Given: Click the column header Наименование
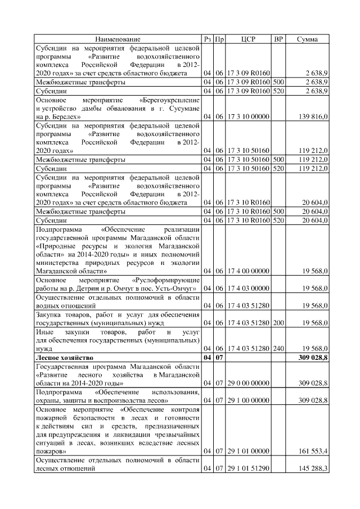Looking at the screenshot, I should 118,39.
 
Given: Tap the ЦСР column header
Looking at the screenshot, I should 248,39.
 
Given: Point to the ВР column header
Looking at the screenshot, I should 277,39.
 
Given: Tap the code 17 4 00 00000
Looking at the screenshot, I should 248,271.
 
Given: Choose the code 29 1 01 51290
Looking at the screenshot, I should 248,469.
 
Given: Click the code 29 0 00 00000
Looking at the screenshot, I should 248,382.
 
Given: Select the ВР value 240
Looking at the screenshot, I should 277,348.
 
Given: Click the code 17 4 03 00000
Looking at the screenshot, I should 248,288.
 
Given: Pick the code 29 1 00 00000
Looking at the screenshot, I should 248,400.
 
